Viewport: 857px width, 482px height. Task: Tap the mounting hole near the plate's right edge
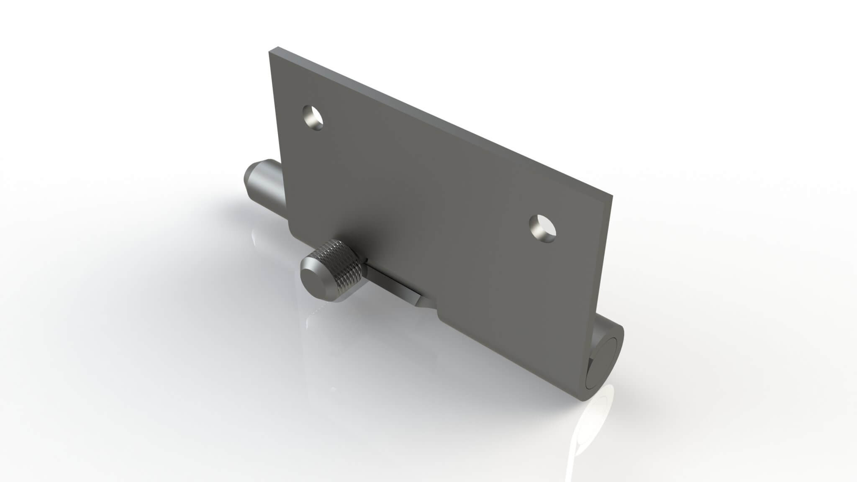(542, 228)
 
